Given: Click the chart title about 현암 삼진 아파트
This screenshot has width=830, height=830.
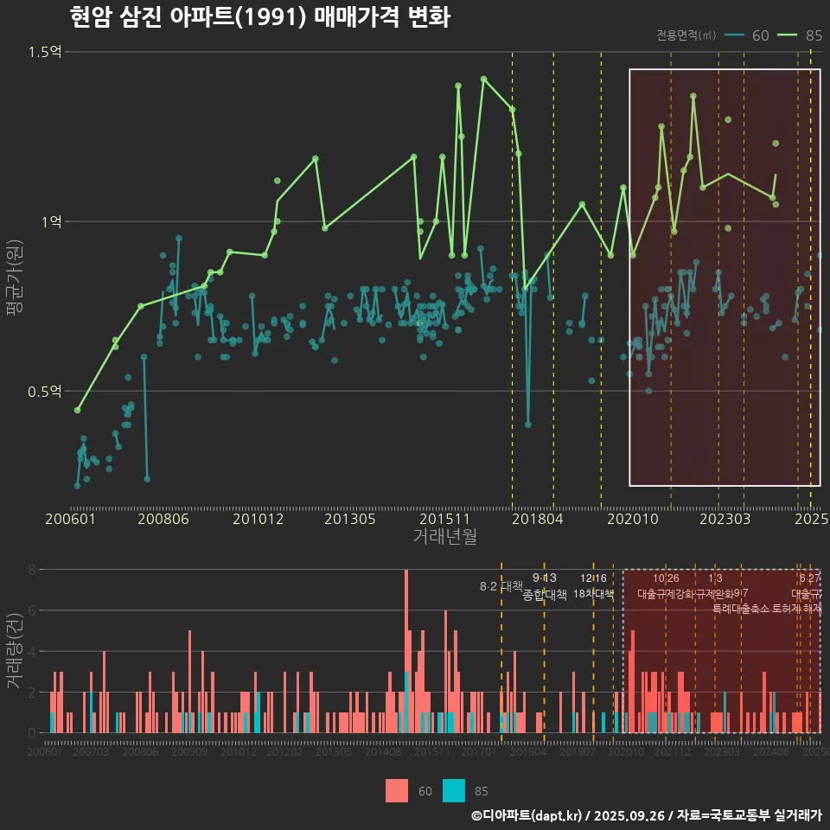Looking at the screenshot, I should pyautogui.click(x=259, y=17).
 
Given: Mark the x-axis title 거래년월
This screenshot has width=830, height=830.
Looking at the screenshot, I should pyautogui.click(x=444, y=537).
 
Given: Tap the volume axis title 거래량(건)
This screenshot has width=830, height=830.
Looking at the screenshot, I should pyautogui.click(x=14, y=651).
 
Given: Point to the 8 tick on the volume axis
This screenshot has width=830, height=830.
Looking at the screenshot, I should pyautogui.click(x=31, y=570).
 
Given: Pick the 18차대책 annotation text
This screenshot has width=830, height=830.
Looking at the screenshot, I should pyautogui.click(x=593, y=594).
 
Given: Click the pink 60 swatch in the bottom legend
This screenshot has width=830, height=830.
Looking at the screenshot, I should pyautogui.click(x=397, y=790).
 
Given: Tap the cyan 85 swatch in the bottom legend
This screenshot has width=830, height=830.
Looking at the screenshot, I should pyautogui.click(x=454, y=790).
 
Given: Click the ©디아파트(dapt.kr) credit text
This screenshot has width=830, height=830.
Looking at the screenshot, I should pyautogui.click(x=527, y=815).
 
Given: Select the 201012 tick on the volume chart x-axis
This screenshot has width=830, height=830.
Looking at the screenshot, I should pyautogui.click(x=238, y=753).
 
